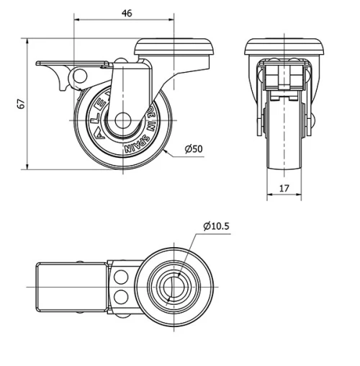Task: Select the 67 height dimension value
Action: pyautogui.click(x=21, y=103)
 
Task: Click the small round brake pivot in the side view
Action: pyautogui.click(x=81, y=76)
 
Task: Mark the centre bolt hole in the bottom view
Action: pyautogui.click(x=173, y=286)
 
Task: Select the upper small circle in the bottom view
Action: pyautogui.click(x=120, y=277)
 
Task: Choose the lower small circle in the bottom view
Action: pyautogui.click(x=120, y=296)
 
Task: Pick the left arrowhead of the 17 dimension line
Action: pyautogui.click(x=269, y=197)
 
